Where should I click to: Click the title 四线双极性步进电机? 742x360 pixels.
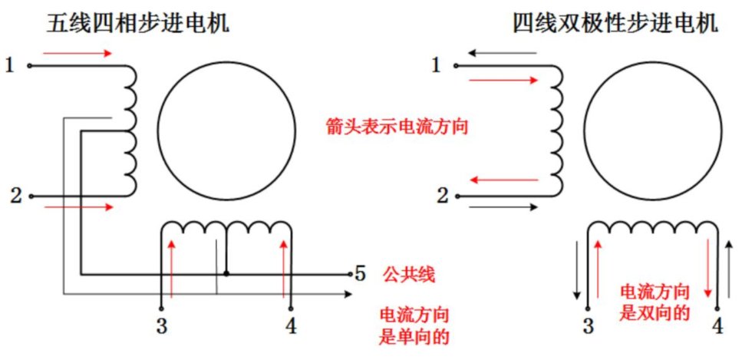tap(615, 23)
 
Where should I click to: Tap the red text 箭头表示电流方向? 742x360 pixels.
tap(397, 126)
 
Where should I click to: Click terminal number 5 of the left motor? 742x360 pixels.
tap(361, 272)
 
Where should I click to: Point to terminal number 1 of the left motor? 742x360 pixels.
tap(10, 65)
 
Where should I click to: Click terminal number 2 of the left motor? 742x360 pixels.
tap(15, 196)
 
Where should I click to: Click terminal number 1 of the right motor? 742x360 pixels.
tap(437, 65)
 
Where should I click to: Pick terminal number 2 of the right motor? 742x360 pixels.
tap(442, 196)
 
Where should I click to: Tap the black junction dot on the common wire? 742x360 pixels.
tap(226, 272)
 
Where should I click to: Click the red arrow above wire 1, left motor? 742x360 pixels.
tap(78, 54)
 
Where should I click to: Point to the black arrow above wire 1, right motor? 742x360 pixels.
tap(503, 53)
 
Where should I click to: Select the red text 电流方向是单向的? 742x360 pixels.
tap(414, 325)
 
